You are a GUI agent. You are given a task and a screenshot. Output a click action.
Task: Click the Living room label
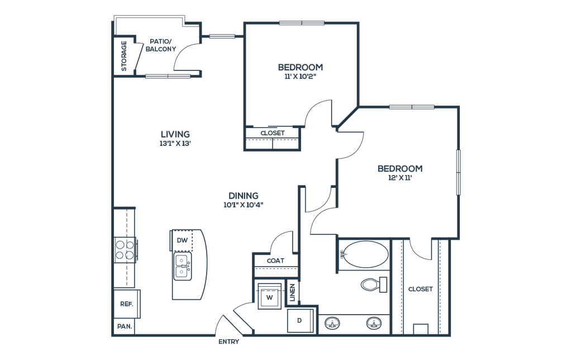[x=175, y=138]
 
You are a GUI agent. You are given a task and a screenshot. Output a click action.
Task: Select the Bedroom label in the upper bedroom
[x=301, y=71]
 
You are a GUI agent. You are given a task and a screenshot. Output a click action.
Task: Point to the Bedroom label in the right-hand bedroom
[x=399, y=172]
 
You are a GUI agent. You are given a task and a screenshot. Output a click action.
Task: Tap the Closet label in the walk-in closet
[x=421, y=290]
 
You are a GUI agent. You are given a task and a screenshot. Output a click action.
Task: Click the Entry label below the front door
[x=228, y=340]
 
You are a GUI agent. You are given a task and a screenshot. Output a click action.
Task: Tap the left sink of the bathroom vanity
[x=333, y=323]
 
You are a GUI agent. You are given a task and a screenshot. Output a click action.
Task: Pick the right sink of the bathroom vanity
[x=373, y=323]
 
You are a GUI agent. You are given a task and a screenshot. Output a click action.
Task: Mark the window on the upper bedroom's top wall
[x=302, y=23]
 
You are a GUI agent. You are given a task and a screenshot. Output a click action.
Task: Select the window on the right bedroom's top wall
[x=412, y=107]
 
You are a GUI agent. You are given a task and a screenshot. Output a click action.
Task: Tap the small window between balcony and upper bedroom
[x=222, y=36]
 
